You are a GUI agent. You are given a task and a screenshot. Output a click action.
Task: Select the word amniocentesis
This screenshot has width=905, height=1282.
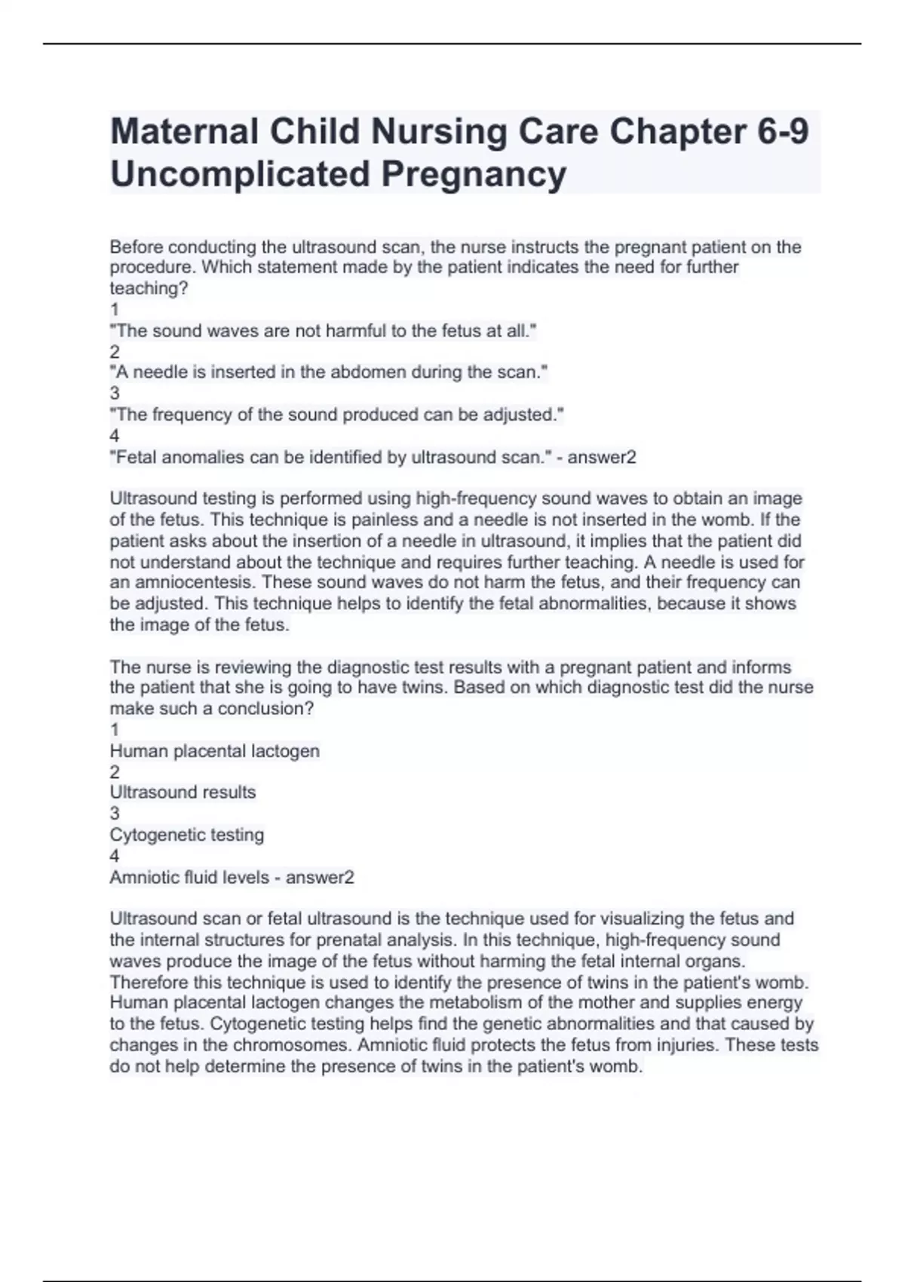point(189,582)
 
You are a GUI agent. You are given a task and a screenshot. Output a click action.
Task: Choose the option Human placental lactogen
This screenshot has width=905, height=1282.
point(215,751)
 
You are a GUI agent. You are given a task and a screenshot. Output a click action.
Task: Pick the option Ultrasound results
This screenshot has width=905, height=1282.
point(183,793)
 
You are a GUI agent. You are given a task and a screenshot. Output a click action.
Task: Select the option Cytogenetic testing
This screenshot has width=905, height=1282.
point(187,835)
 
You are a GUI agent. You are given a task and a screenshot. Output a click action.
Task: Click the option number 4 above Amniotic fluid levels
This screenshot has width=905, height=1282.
point(115,856)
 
